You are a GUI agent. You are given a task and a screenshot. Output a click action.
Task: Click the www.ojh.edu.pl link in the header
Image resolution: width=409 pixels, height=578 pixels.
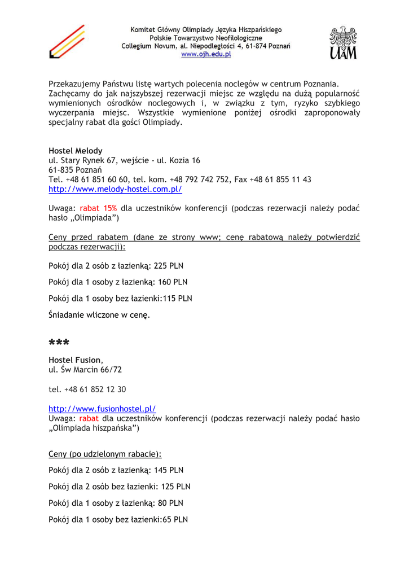click(x=206, y=55)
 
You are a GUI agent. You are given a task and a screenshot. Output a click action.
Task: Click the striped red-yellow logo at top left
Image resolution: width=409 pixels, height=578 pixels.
click(x=67, y=42)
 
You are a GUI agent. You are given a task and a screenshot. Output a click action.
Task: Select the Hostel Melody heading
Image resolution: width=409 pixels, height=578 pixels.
click(x=76, y=151)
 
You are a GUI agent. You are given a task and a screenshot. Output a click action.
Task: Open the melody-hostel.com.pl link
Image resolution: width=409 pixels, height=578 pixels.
click(x=115, y=189)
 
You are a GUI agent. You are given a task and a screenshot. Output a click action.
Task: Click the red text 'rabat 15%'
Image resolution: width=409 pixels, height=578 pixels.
click(x=98, y=208)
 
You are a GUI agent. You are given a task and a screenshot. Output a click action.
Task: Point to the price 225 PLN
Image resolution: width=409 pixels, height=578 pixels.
click(x=168, y=266)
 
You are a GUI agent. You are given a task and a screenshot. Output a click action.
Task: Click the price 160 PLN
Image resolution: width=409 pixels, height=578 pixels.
click(x=173, y=282)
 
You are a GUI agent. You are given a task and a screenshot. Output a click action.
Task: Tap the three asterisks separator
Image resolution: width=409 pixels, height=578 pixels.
click(x=59, y=343)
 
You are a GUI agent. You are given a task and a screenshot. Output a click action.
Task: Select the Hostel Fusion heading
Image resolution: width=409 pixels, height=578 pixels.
click(x=75, y=360)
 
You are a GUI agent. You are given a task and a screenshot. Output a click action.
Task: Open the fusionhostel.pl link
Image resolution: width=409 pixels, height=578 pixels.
click(x=102, y=408)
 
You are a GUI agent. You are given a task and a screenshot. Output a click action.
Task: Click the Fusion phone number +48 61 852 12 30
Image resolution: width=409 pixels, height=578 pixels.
click(x=95, y=389)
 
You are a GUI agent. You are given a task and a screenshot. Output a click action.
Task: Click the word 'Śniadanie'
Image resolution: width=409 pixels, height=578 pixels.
click(x=68, y=315)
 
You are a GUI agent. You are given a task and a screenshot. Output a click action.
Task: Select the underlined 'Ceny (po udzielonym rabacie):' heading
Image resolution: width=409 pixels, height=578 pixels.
click(x=105, y=453)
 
